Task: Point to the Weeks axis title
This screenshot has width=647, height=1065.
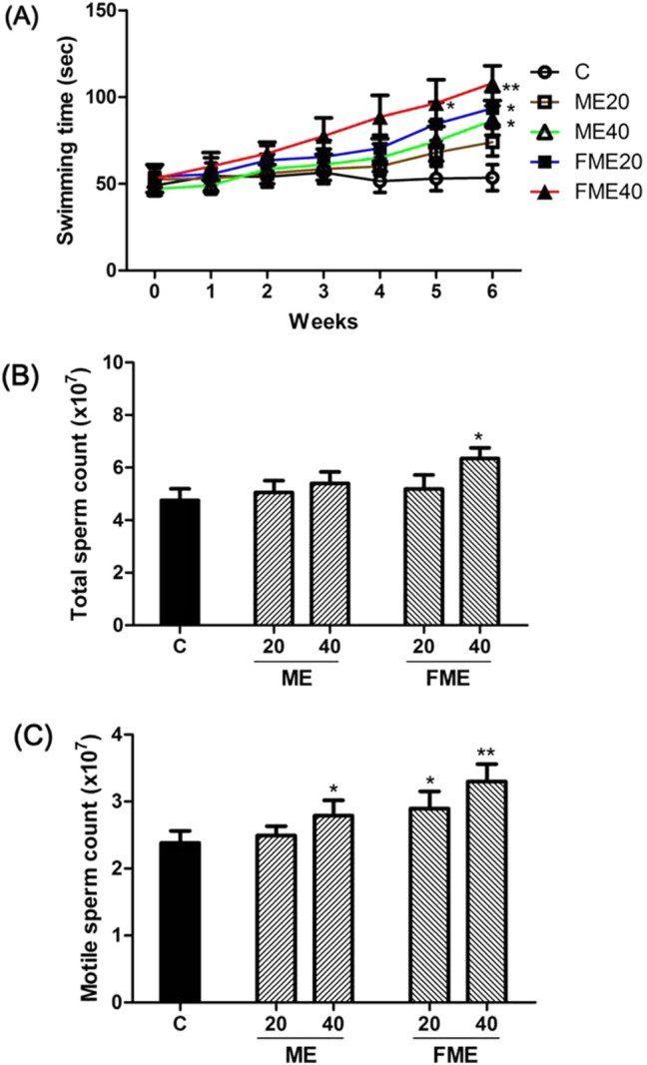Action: pos(319,323)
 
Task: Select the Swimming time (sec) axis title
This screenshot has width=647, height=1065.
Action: pos(66,140)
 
